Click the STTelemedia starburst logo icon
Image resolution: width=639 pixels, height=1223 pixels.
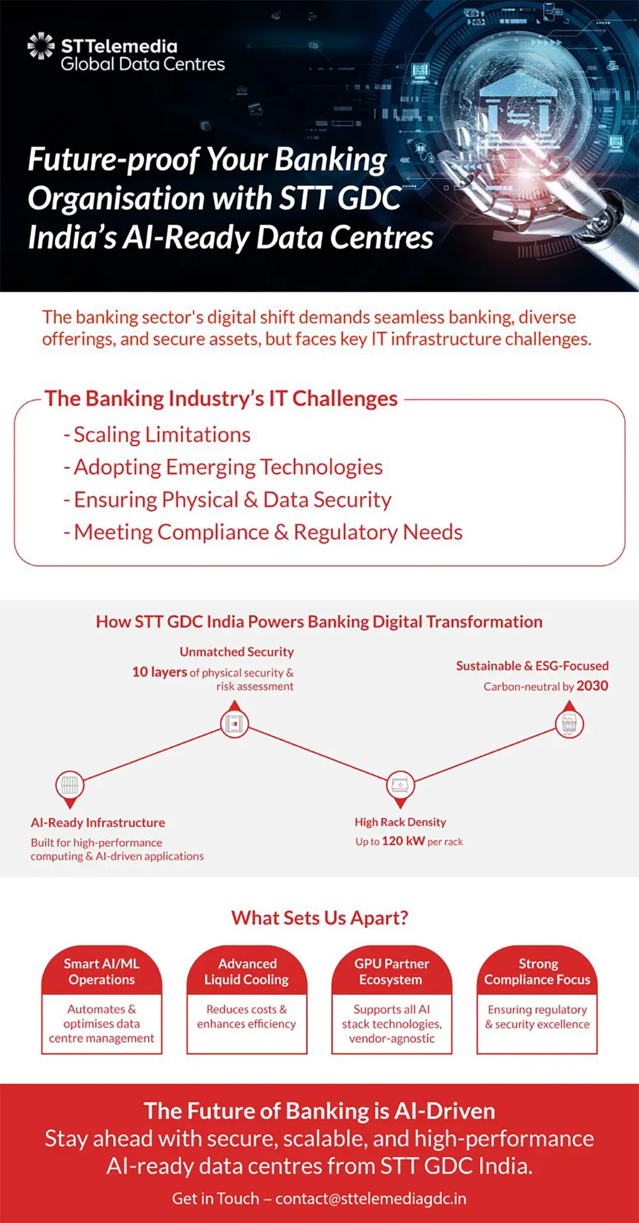[x=41, y=46]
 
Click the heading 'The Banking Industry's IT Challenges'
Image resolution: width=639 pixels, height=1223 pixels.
[x=221, y=399]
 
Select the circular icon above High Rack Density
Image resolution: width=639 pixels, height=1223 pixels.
[x=401, y=784]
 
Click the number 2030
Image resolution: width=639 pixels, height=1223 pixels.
[x=592, y=686]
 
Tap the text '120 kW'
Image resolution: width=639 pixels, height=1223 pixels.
[x=403, y=841]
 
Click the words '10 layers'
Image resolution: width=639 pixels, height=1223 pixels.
[x=160, y=672]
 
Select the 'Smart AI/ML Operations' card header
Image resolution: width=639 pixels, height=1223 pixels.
[x=102, y=971]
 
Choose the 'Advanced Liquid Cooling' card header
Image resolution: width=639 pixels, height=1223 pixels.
[x=247, y=971]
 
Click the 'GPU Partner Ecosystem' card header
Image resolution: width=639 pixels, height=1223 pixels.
[x=392, y=971]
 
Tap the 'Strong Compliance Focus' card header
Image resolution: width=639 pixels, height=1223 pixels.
[x=537, y=971]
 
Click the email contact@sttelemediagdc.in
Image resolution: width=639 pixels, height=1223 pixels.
[x=371, y=1198]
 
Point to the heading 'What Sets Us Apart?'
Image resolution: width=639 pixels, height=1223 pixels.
[x=319, y=918]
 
